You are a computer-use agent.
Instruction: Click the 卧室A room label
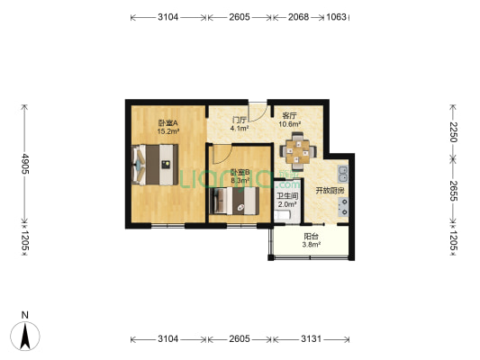coord(168,123)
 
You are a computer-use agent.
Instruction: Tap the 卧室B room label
coord(239,173)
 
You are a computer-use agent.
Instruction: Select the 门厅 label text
coord(239,120)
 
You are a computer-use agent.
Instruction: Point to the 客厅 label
coord(290,116)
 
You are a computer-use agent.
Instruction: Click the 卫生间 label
coord(287,196)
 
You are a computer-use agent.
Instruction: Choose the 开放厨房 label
coord(329,190)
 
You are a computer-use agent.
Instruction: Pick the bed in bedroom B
coord(233,200)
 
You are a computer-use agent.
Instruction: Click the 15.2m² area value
coord(168,131)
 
